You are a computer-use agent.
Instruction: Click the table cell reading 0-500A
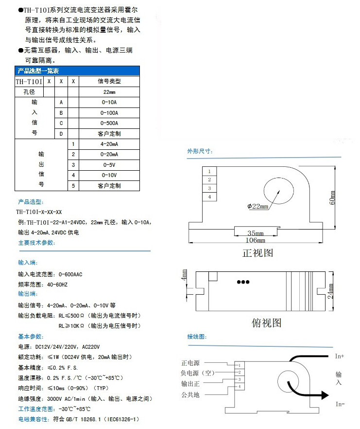point(109,123)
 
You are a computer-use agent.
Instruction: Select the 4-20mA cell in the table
point(109,144)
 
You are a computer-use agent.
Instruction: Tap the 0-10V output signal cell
point(109,175)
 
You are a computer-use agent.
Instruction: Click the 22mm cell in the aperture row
point(109,91)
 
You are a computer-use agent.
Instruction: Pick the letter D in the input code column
point(61,134)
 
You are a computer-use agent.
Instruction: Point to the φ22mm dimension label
point(258,206)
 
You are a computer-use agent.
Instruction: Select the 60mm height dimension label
point(333,197)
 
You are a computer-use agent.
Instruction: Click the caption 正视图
point(257,253)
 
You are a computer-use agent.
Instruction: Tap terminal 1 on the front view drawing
point(209,172)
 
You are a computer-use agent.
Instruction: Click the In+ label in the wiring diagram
point(339,357)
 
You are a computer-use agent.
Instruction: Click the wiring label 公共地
point(190,395)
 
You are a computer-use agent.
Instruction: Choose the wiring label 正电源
point(190,363)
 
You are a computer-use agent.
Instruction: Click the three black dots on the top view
point(242,282)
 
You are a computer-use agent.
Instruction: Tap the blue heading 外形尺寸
point(200,151)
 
